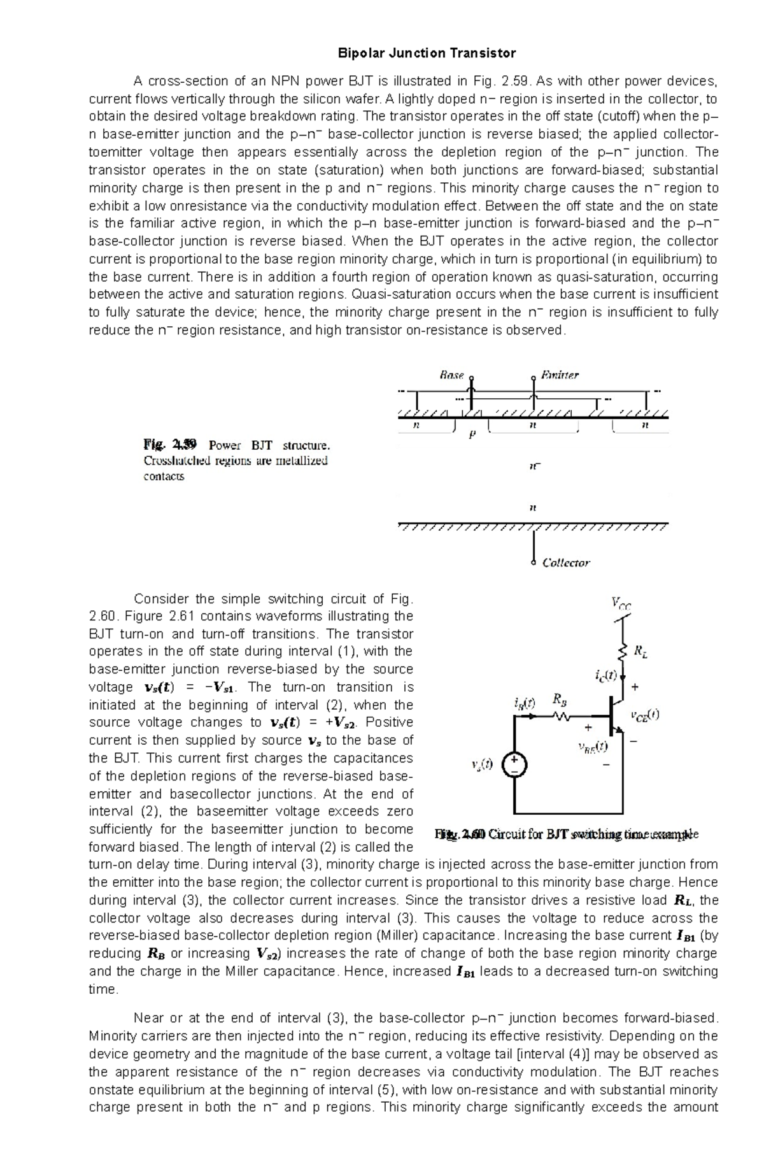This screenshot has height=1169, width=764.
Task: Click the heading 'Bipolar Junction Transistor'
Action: [x=426, y=53]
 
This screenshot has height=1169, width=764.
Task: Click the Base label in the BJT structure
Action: [x=451, y=375]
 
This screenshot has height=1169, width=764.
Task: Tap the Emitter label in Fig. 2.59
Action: [x=559, y=375]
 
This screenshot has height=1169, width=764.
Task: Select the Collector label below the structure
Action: [x=565, y=563]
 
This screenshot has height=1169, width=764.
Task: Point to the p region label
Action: [x=472, y=436]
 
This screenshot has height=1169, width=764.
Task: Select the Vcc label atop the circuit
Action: [x=621, y=603]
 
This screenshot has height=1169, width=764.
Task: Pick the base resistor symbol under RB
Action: [x=561, y=717]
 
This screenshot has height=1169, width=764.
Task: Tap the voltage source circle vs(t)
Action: [x=514, y=765]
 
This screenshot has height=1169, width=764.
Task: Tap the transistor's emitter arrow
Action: [x=619, y=730]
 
